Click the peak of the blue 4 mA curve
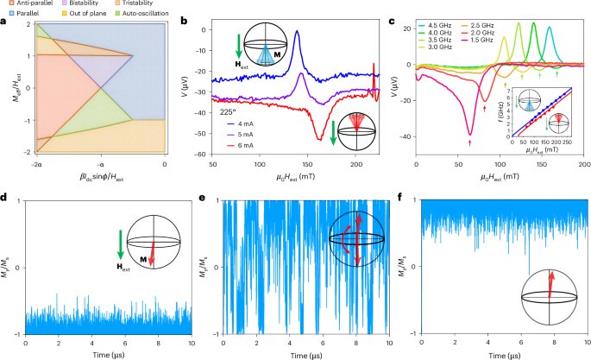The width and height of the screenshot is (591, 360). click(297, 32)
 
